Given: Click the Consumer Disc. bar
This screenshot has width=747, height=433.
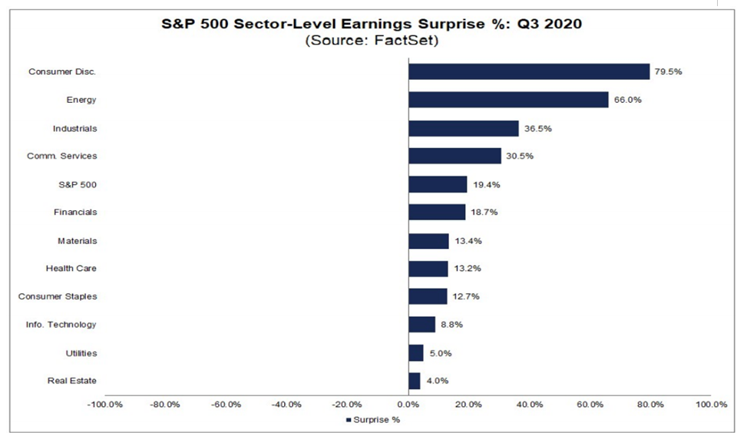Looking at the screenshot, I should (x=529, y=71).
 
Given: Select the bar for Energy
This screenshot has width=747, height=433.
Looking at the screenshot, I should (x=508, y=100).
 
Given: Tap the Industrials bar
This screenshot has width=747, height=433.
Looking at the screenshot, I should (x=463, y=128).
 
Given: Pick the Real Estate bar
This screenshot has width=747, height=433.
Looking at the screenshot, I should (x=414, y=381).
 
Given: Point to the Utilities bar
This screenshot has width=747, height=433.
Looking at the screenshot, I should (x=415, y=352).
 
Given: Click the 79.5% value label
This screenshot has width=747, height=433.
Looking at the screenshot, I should (x=668, y=71).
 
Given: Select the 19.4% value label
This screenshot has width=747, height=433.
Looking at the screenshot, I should (x=484, y=184).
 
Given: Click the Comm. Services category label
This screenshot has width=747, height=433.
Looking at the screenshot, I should (x=68, y=156).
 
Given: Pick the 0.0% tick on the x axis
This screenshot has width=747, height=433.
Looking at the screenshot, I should (x=408, y=405).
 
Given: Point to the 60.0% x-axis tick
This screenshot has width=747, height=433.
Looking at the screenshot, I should (x=590, y=405).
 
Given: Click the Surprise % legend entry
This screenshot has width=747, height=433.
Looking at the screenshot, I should (x=373, y=420).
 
